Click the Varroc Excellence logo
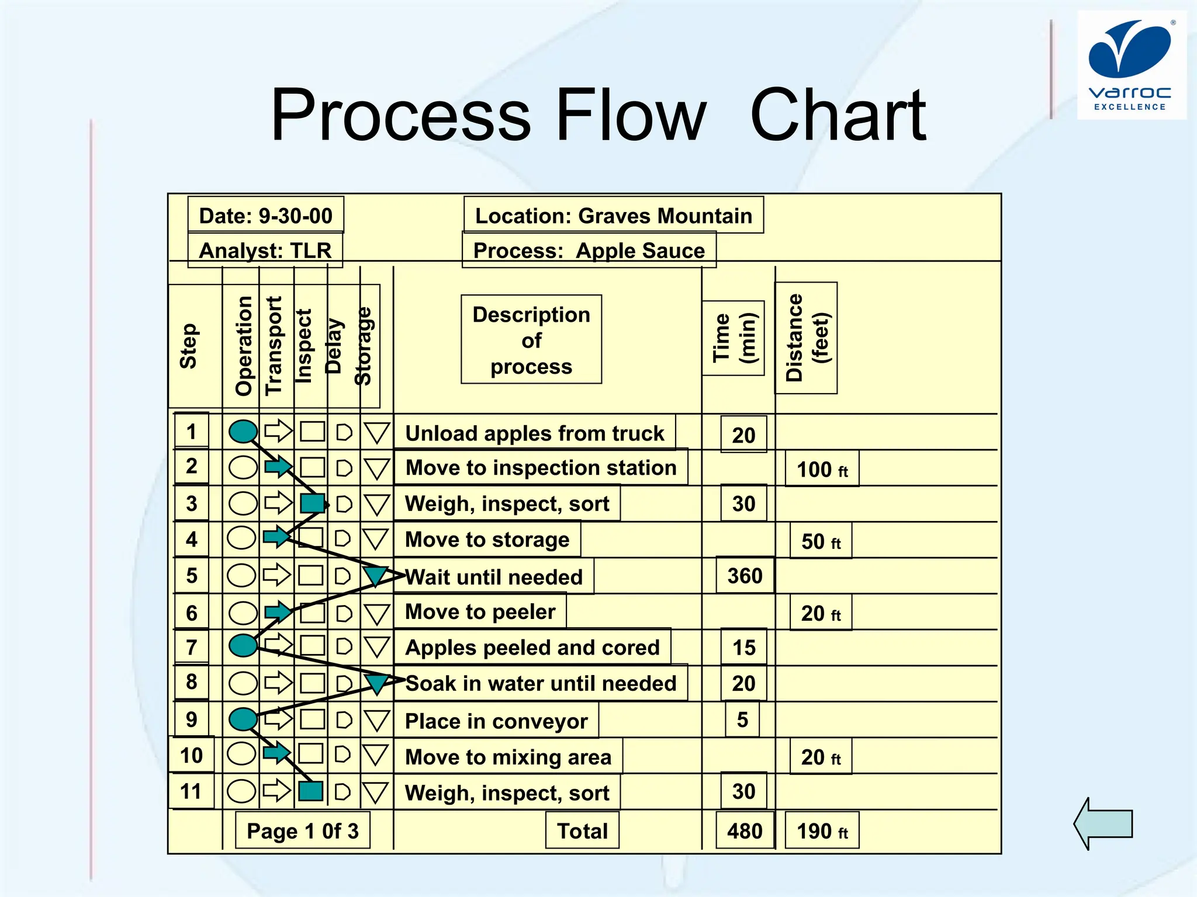(1130, 65)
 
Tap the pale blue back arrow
(1103, 823)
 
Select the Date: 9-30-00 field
(265, 215)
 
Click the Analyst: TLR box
(265, 251)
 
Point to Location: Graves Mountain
(613, 215)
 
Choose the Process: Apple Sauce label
(589, 251)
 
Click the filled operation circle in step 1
(243, 432)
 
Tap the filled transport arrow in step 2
(278, 467)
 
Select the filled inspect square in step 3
(313, 503)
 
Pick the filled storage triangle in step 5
(375, 575)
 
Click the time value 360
(745, 576)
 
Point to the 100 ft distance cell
(822, 469)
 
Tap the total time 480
(745, 830)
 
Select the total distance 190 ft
(822, 830)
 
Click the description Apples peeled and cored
(532, 647)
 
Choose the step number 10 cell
(191, 756)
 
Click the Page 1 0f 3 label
(302, 830)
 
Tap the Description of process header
(531, 340)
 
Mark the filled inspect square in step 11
(311, 791)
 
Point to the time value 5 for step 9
(742, 719)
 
